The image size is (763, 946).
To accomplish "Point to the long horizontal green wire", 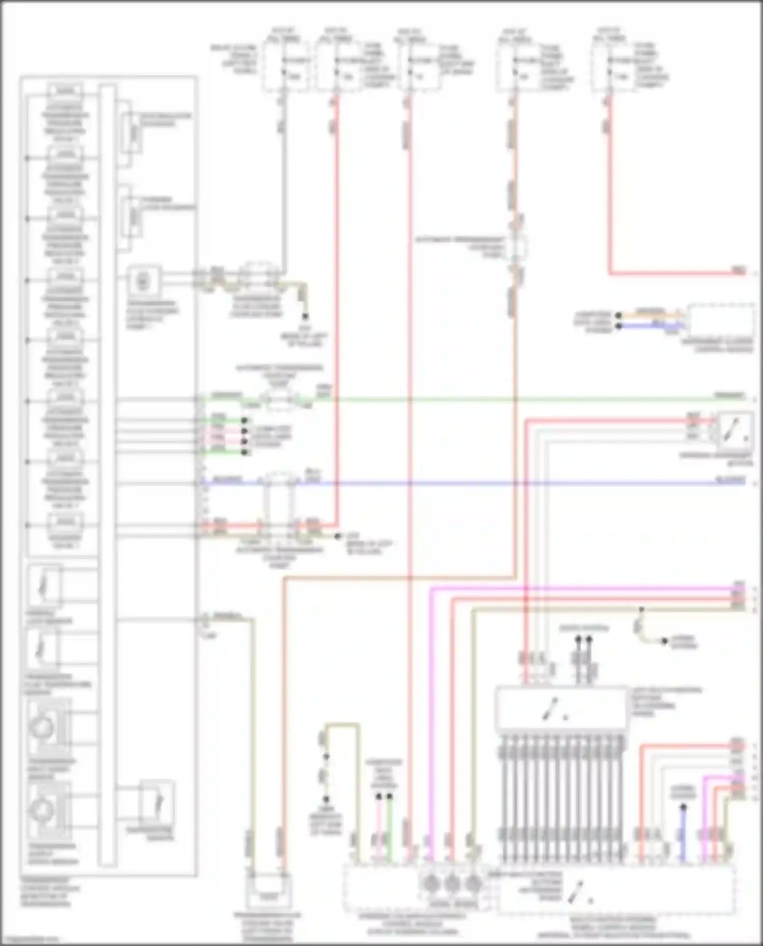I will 509,400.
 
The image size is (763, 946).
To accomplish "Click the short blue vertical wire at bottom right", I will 683,834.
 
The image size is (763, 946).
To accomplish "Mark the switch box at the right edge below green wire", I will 735,429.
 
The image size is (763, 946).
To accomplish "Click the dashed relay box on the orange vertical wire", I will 518,248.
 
